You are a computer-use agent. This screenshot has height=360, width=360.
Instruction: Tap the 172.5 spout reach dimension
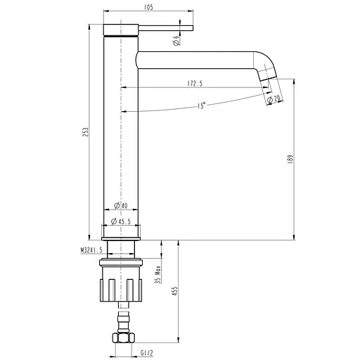coord(195,84)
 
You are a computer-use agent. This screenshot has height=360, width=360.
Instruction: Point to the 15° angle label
coord(201,105)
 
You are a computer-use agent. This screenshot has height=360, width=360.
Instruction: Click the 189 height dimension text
coord(289,159)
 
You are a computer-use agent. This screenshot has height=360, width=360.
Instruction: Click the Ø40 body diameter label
coord(120,206)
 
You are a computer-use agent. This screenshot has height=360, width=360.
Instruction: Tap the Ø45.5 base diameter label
coord(121,221)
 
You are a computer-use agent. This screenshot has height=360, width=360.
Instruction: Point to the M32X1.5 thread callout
coord(91,250)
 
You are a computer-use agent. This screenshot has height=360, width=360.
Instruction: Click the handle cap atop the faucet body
coord(122,28)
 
